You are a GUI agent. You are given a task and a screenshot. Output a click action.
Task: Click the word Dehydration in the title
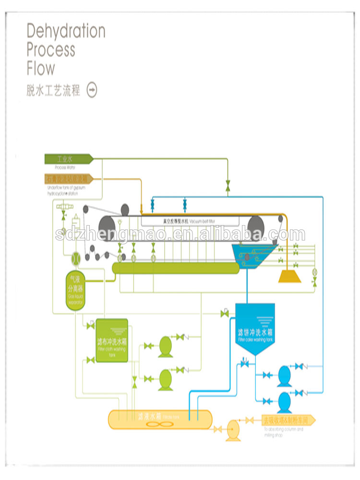tap(66, 31)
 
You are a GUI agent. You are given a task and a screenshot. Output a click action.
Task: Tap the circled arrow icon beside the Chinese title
tap(92, 90)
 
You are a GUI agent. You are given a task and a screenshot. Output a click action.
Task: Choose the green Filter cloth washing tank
tap(112, 340)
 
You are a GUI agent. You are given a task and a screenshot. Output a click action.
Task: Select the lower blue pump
tap(285, 400)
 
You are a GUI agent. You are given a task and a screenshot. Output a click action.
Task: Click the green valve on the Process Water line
tap(228, 185)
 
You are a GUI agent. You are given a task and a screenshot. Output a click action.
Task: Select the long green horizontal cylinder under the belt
tap(176, 268)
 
